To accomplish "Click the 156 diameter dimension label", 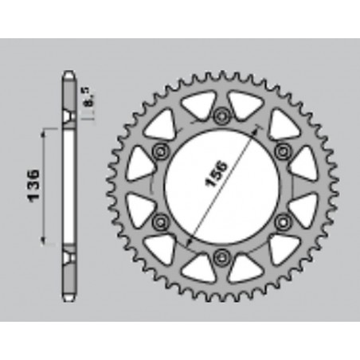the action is (x=217, y=174).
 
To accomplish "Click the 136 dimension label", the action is (x=34, y=186).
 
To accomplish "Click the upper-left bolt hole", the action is (x=161, y=151).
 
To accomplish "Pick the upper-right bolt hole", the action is (x=282, y=151).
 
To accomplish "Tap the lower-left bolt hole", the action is (x=161, y=221).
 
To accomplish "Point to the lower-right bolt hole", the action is (x=282, y=221).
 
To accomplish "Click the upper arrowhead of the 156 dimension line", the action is (x=256, y=131).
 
